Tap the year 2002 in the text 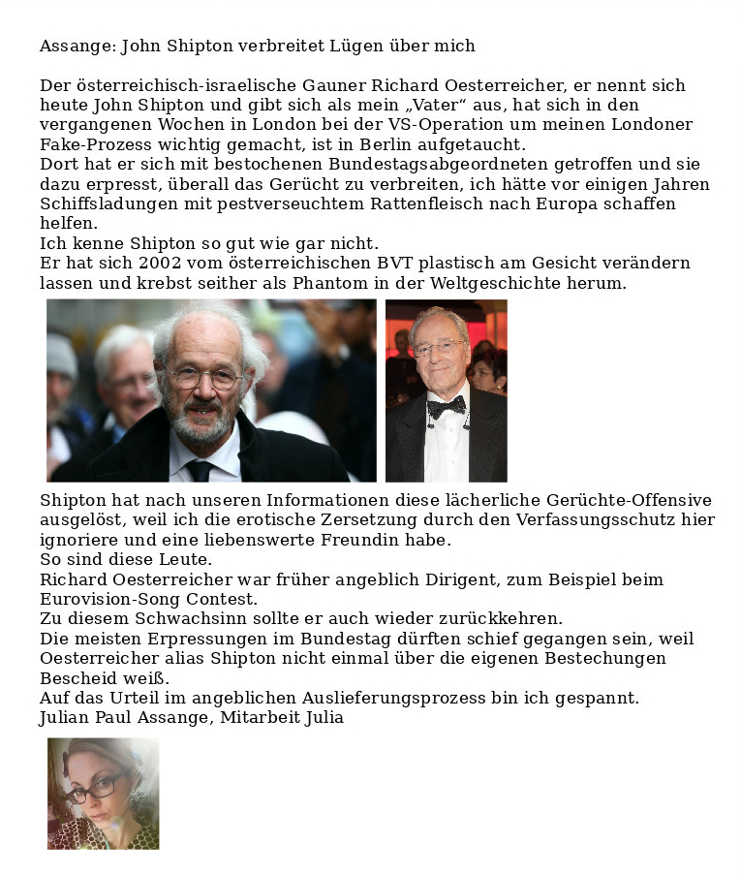160,264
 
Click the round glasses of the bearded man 203,378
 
